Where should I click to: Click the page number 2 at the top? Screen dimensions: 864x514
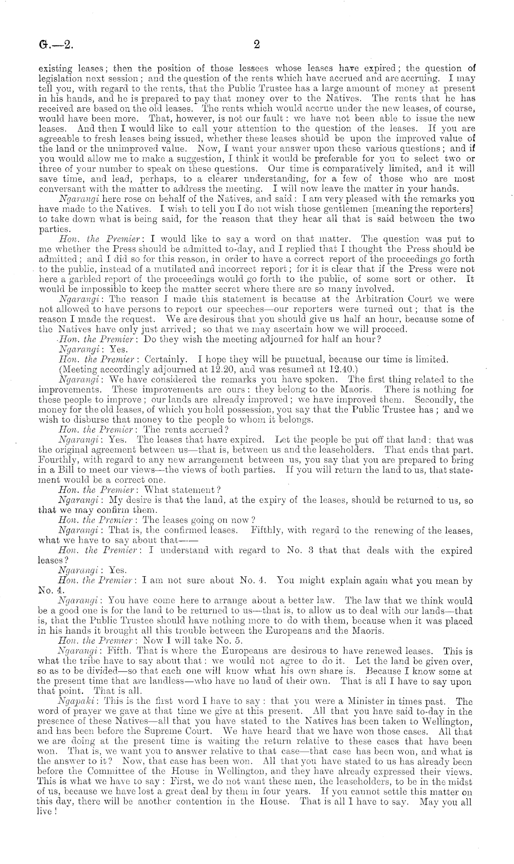click(257, 44)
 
